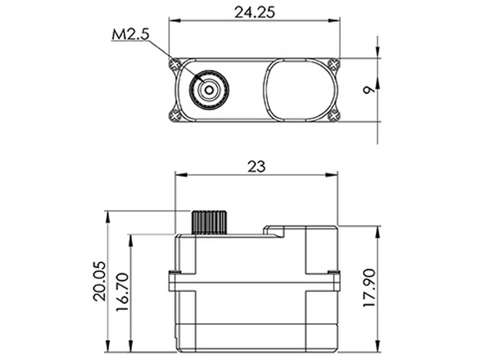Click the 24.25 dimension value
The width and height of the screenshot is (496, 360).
pos(254,13)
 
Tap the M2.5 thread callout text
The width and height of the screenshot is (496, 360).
pos(130,34)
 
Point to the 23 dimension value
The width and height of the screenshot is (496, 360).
pos(256,167)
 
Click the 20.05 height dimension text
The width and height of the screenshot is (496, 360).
pos(100,281)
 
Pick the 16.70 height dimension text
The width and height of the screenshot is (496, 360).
pos(122,292)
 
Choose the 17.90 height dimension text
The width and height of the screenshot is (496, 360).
pos(369,288)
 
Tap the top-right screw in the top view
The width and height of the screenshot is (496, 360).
pos(334,63)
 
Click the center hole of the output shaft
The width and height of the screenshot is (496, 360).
pos(209,90)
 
